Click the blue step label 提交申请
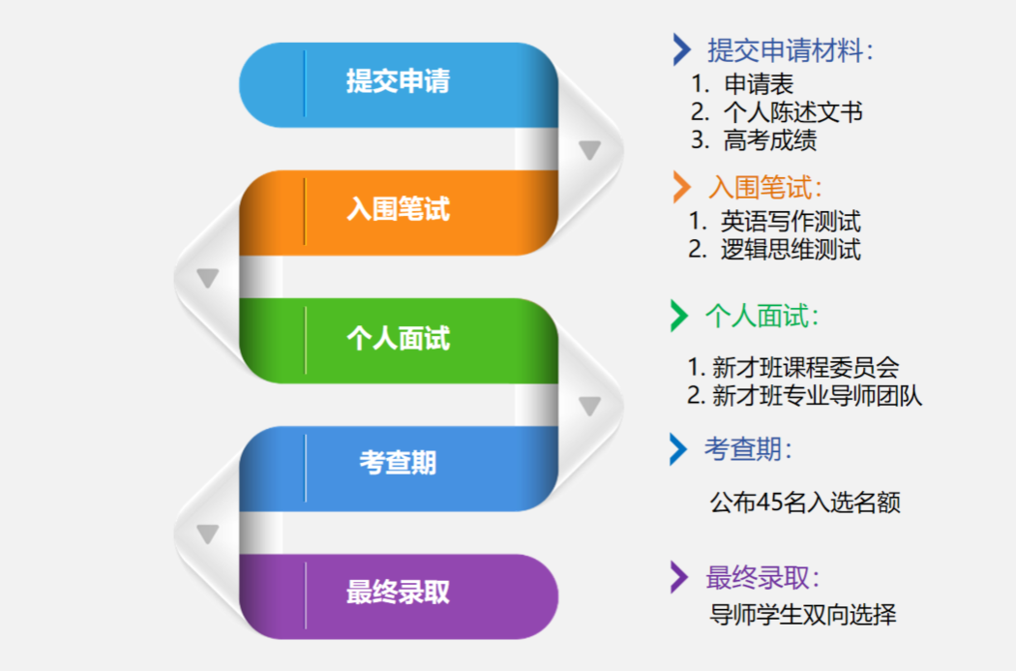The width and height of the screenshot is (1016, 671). click(x=398, y=81)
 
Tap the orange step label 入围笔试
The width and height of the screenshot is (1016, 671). click(x=398, y=209)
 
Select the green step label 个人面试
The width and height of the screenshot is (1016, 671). click(x=398, y=339)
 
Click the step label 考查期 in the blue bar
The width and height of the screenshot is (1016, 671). click(x=398, y=463)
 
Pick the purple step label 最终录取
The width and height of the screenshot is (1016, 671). click(x=398, y=592)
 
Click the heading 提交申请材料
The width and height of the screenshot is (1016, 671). click(x=785, y=50)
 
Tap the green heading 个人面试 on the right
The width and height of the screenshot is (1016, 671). click(x=757, y=317)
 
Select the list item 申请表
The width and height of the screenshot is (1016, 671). click(x=759, y=83)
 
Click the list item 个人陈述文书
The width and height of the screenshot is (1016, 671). click(x=793, y=112)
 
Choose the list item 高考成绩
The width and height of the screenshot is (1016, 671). click(x=770, y=140)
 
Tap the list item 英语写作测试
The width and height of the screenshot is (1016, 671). click(x=791, y=222)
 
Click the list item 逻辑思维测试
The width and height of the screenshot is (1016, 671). click(x=791, y=250)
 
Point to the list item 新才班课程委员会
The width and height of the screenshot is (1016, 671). click(x=805, y=368)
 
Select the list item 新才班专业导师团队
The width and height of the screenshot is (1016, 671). click(x=817, y=395)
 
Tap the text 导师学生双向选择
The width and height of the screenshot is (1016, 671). click(x=803, y=615)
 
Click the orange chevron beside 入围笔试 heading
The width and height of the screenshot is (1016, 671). click(x=681, y=188)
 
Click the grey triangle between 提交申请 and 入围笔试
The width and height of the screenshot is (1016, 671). click(x=589, y=150)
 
